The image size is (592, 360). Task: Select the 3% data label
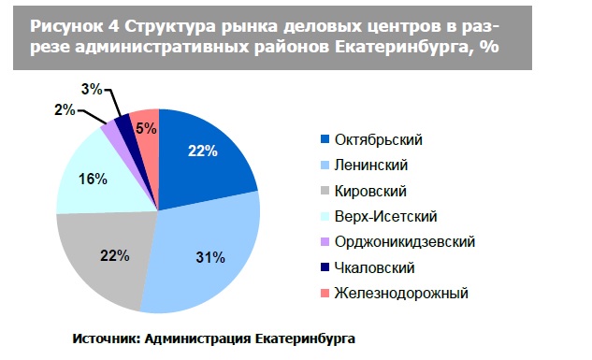92,89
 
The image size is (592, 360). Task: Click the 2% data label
65,110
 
